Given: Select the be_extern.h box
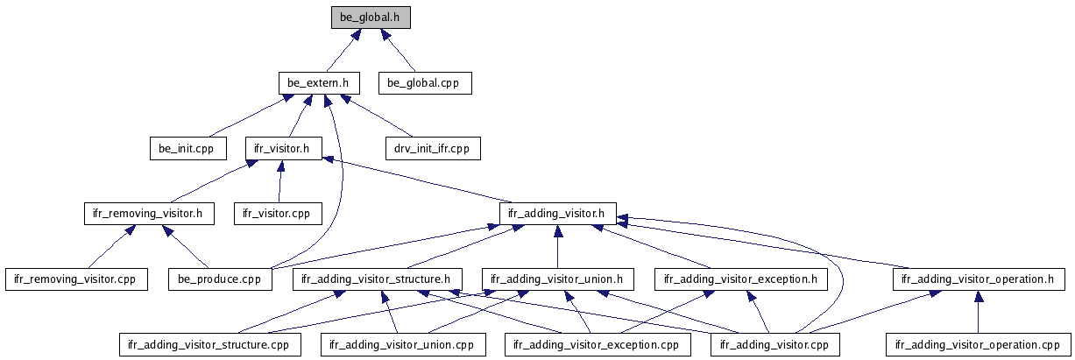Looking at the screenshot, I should click(x=319, y=83).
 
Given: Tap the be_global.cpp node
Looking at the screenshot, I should click(x=425, y=83).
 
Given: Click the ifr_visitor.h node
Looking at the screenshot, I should click(x=278, y=148).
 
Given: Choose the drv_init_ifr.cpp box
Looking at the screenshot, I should click(x=432, y=148).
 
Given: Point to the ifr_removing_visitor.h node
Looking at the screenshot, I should click(x=148, y=213).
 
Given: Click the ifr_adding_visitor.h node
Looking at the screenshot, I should click(x=558, y=213).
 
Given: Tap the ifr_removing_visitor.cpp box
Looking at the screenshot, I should click(x=76, y=279).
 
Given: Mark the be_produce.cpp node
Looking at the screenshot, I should click(x=216, y=279).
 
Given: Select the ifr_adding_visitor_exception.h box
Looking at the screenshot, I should click(x=740, y=279).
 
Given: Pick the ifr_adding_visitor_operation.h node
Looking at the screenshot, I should click(x=979, y=279).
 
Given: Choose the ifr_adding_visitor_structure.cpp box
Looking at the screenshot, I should click(x=209, y=344).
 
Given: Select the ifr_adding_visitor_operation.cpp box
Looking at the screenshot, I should click(x=978, y=344).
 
